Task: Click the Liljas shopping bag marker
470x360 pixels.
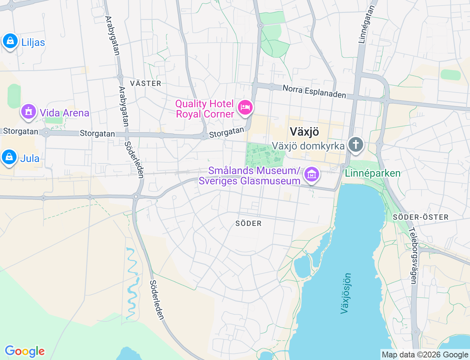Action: click(10, 41)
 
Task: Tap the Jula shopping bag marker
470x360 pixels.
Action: click(10, 158)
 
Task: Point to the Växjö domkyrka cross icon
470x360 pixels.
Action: click(355, 144)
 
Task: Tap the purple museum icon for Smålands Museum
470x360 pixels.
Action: click(312, 174)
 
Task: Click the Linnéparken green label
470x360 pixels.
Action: click(373, 173)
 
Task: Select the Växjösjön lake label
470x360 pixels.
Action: click(346, 293)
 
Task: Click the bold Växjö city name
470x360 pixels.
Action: click(304, 132)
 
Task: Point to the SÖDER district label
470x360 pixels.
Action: click(249, 223)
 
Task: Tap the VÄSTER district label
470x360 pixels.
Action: click(146, 83)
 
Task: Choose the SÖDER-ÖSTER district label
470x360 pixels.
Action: click(421, 217)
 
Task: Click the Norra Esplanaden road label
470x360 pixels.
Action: click(314, 91)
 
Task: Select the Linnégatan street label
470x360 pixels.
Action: click(368, 25)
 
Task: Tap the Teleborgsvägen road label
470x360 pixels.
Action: click(413, 256)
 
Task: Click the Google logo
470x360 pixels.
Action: click(25, 351)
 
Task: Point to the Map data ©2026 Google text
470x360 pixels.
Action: click(425, 354)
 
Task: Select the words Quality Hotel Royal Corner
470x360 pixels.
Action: click(205, 109)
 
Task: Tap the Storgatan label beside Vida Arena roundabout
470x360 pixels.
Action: click(21, 131)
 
